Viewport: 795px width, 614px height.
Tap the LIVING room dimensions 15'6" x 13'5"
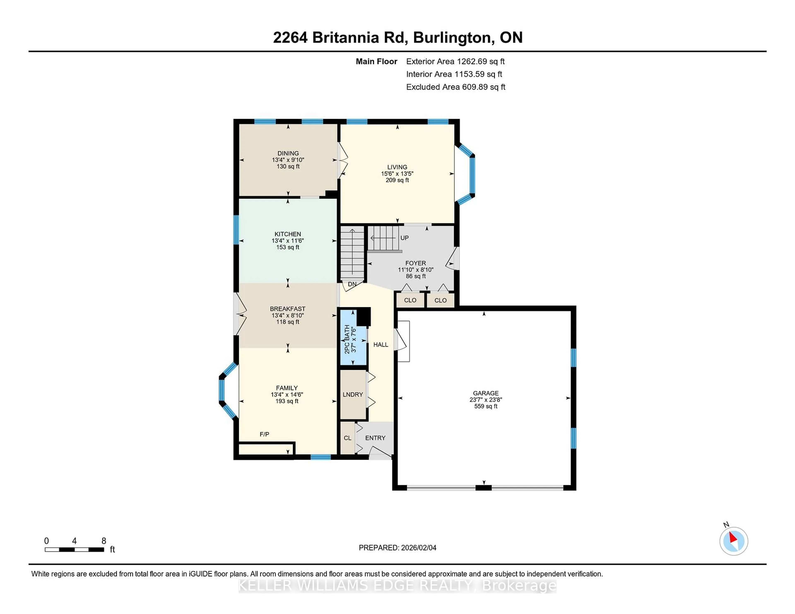(397, 174)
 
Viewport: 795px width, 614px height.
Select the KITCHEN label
(288, 234)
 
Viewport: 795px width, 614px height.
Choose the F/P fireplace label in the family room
(264, 434)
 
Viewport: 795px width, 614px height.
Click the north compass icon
(734, 541)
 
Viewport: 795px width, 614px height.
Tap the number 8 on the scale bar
(104, 541)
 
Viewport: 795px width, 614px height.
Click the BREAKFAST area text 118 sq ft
(288, 322)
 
